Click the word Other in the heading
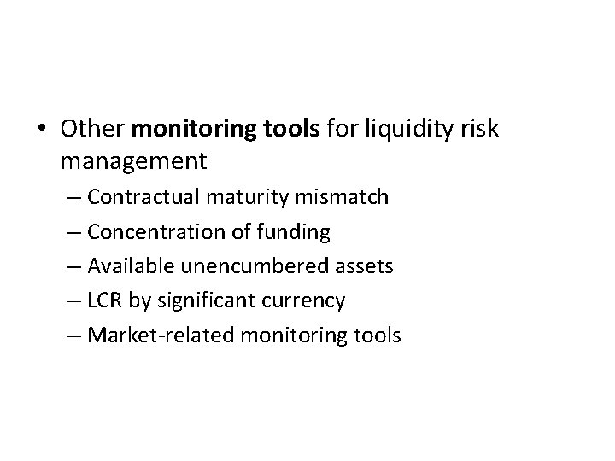pos(92,129)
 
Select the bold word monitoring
pos(184,130)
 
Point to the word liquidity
pos(401,130)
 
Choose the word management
pos(133,159)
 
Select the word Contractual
pos(142,197)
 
